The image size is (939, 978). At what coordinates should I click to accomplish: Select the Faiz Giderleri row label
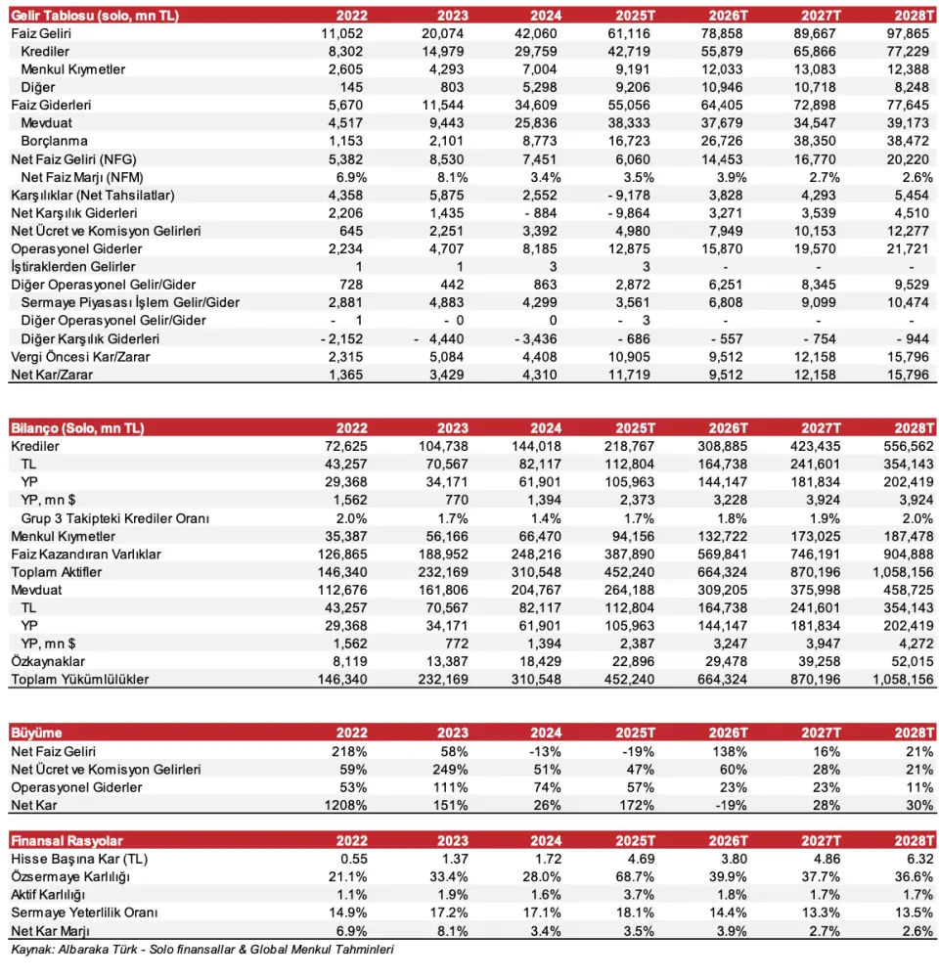[47, 104]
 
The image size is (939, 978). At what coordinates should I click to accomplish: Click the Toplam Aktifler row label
[57, 571]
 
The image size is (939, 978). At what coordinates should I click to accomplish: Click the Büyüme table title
[37, 733]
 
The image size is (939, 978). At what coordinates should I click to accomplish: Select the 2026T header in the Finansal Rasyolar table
[728, 841]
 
